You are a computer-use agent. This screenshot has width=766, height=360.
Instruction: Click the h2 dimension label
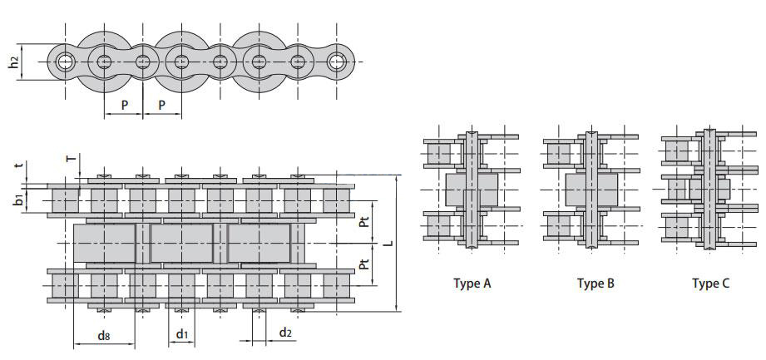click(15, 62)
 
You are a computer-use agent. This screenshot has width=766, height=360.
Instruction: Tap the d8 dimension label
click(104, 335)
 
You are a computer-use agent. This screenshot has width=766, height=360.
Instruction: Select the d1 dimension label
click(182, 334)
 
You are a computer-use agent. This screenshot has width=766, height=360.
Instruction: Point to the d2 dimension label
click(285, 333)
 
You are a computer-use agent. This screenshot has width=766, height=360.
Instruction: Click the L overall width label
click(388, 242)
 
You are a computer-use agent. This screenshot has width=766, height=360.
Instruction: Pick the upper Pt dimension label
click(364, 222)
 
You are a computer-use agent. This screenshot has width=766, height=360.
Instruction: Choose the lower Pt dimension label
click(364, 264)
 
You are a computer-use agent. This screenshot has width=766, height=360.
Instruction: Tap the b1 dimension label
click(18, 200)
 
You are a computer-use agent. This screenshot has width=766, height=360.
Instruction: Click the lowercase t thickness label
click(19, 165)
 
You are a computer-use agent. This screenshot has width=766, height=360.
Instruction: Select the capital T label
click(72, 158)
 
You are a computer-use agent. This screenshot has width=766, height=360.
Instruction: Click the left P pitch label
click(124, 105)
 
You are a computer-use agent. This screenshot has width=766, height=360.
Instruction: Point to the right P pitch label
click(161, 105)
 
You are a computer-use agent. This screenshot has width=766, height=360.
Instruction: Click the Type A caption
click(472, 284)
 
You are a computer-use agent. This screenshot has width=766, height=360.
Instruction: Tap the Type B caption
click(596, 284)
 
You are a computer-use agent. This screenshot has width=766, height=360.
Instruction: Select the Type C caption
click(711, 284)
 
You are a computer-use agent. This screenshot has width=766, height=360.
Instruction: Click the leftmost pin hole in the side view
click(63, 62)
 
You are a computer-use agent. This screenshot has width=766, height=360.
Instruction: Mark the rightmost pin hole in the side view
click(337, 62)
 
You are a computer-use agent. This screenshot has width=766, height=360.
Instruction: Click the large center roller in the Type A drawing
click(472, 190)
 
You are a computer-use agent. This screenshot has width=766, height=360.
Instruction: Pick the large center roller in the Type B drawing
click(591, 190)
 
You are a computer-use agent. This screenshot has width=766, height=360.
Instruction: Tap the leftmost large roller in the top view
click(104, 243)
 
